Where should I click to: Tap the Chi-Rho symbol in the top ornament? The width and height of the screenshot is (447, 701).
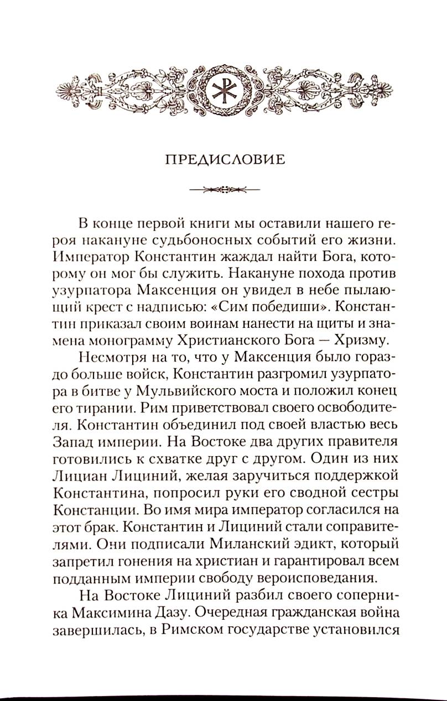click(x=224, y=90)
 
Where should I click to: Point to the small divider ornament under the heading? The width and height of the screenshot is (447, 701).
click(x=224, y=190)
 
